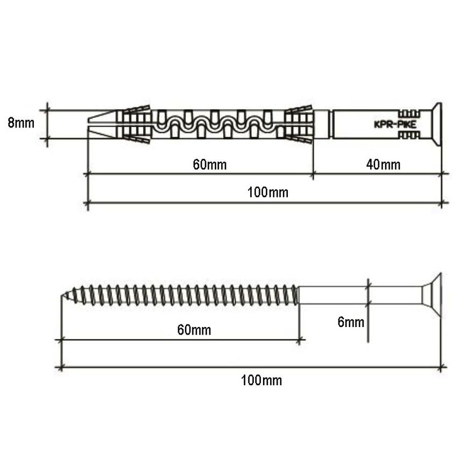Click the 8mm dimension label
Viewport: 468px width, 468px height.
coord(21,123)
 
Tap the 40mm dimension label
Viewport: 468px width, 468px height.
coord(383,164)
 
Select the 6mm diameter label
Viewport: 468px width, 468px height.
coord(351,322)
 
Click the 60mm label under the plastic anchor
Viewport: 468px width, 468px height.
coord(210,164)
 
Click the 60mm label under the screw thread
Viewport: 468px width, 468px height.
coord(194,330)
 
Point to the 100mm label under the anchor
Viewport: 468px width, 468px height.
coord(267,193)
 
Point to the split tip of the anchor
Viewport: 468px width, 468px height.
coord(100,124)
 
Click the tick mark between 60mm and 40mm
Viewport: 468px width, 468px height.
coord(313,174)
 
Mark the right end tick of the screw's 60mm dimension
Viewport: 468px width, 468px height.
coord(299,339)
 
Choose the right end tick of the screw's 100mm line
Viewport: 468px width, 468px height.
coord(441,368)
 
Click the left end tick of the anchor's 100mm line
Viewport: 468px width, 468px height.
coord(87,203)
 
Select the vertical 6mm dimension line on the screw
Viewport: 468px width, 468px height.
coord(367,323)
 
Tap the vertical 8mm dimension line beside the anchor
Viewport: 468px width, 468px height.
coord(48,124)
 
